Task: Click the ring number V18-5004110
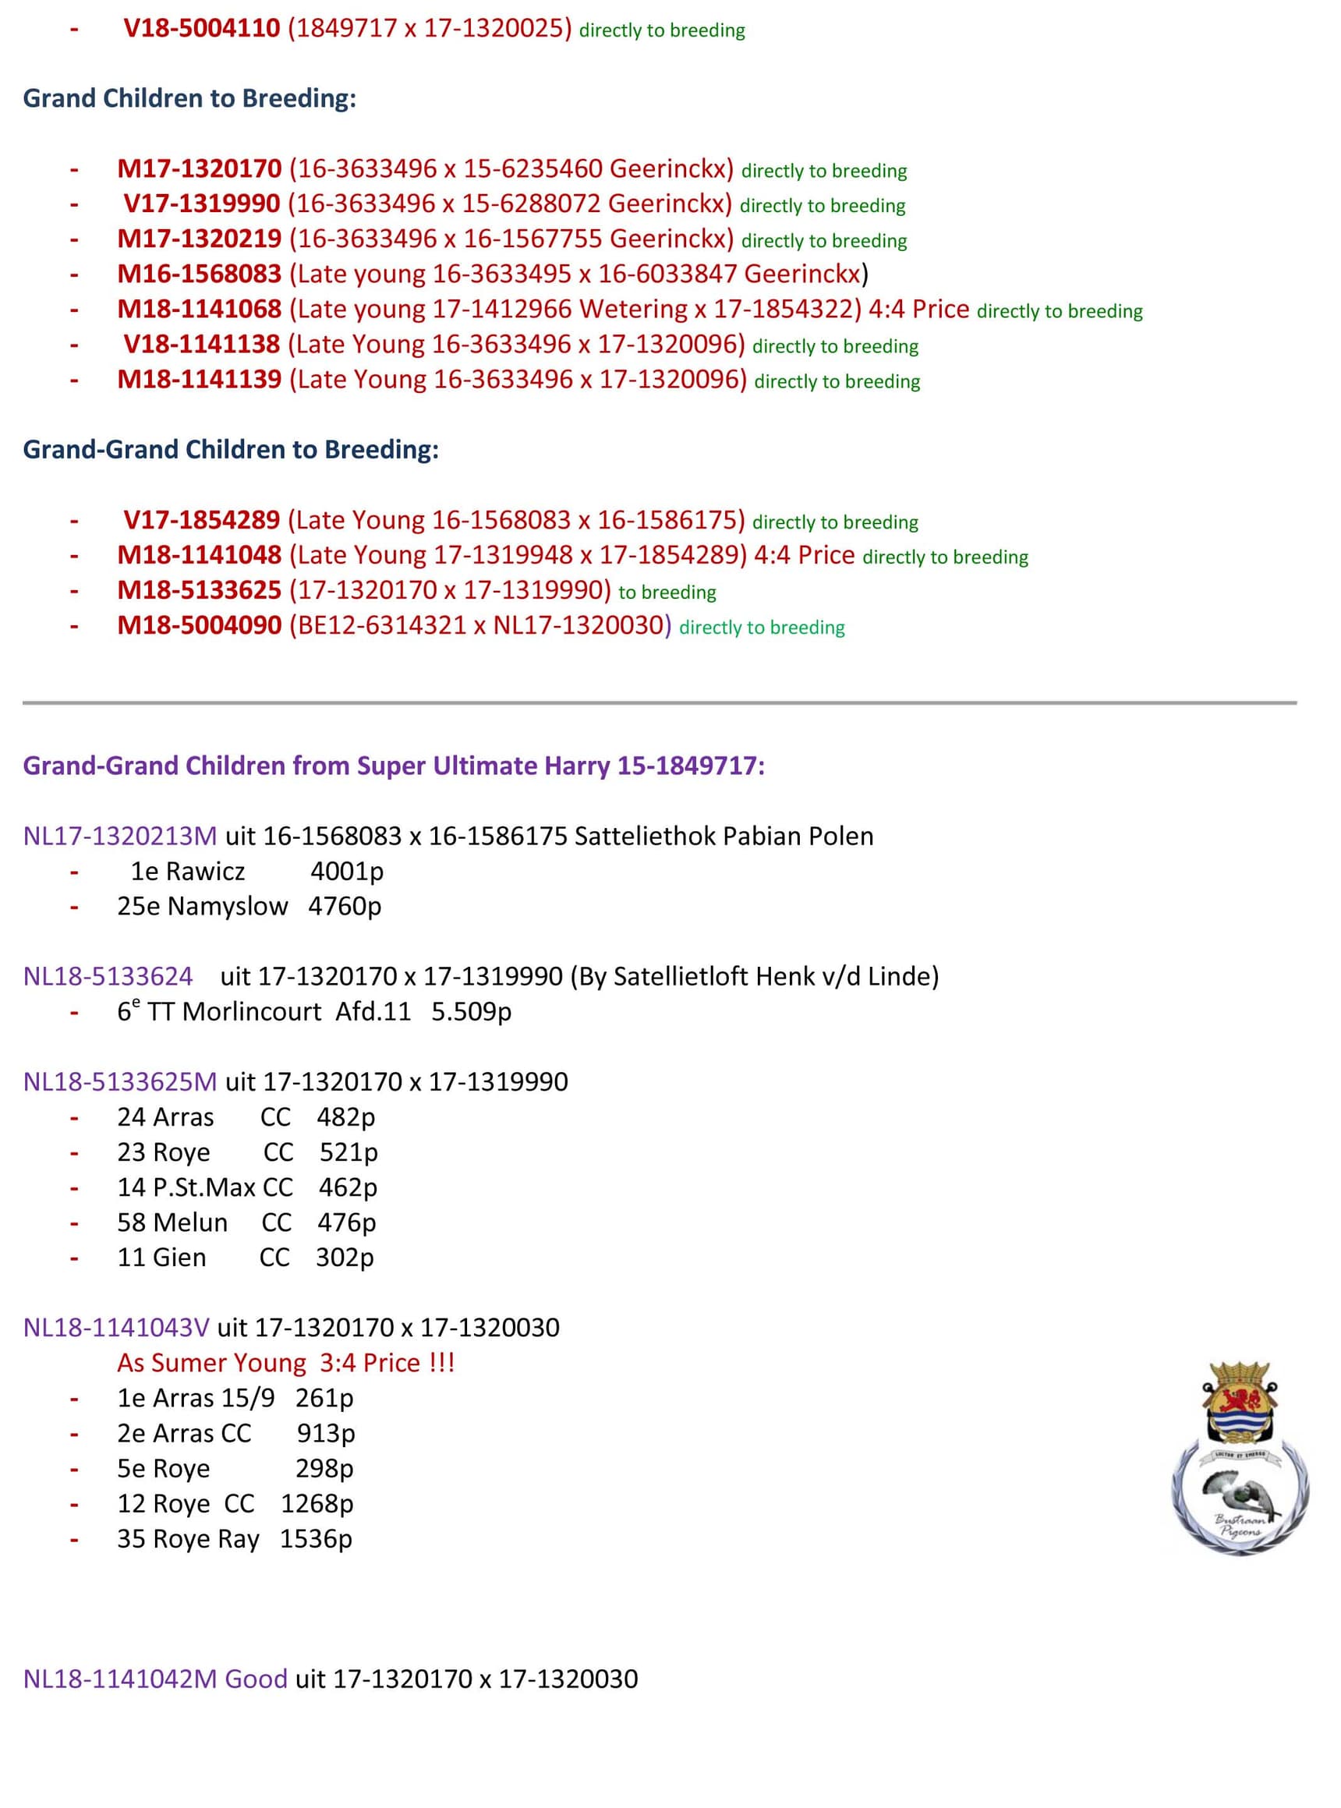201,28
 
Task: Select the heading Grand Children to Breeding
189,98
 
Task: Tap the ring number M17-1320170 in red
199,169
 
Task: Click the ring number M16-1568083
199,274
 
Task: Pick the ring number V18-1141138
201,345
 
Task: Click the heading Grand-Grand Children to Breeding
231,450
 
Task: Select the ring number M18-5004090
199,626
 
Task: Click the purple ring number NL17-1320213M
120,837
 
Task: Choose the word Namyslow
228,907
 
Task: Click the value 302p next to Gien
344,1258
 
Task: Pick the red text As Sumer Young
211,1363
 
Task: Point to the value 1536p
316,1539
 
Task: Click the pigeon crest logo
1239,1459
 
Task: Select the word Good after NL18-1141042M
256,1679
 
